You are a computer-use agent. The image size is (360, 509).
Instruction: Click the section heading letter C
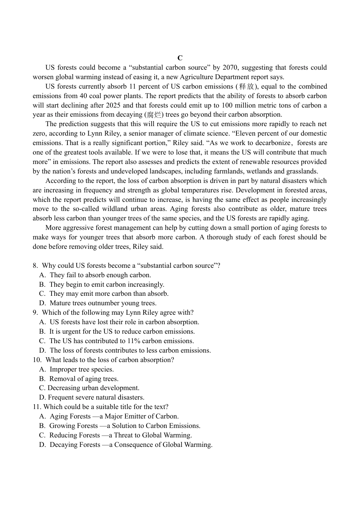coord(180,58)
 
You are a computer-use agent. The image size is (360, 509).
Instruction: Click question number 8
coord(35,265)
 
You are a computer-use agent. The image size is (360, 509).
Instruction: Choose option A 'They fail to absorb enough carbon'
coord(100,275)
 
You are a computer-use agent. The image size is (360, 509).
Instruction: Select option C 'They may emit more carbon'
coord(109,294)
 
